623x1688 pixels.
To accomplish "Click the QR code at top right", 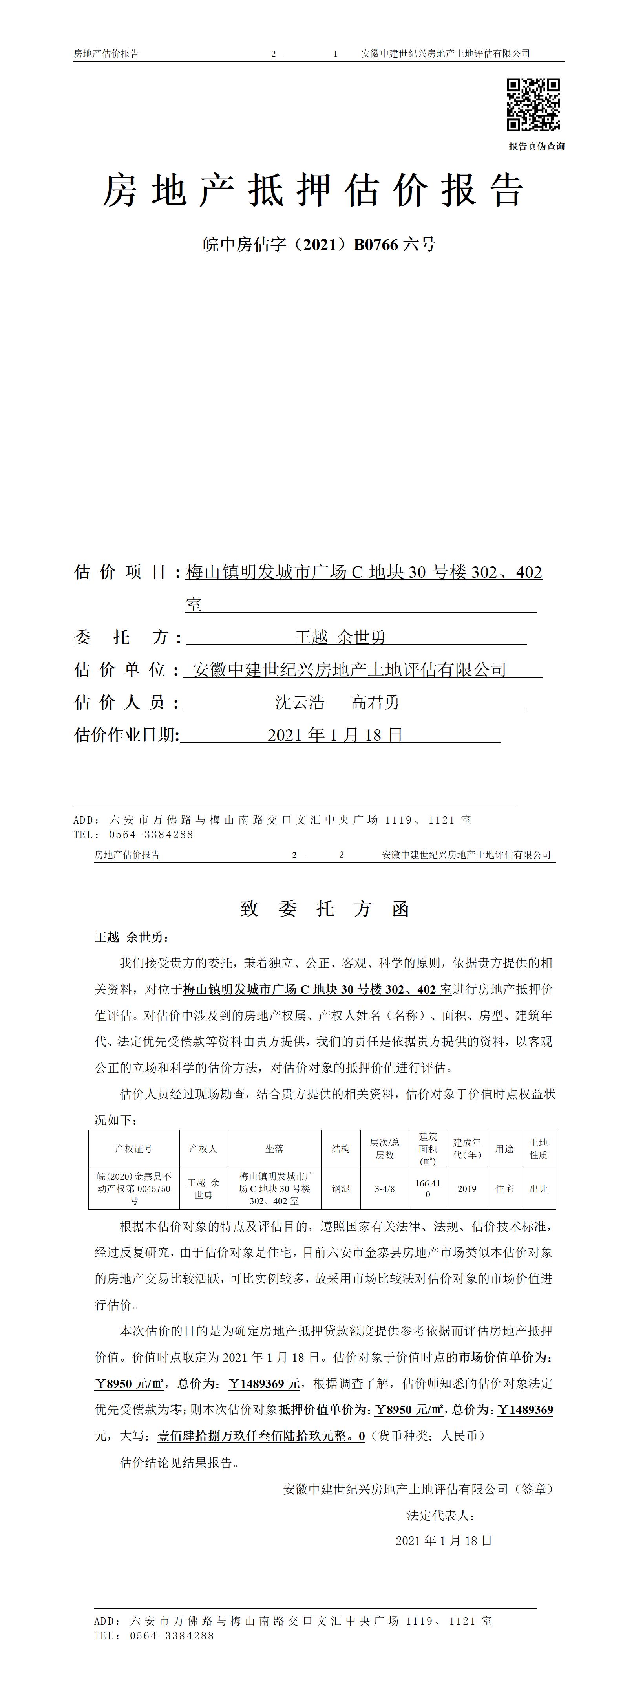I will coord(533,105).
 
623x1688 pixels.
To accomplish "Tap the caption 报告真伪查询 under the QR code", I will coord(536,146).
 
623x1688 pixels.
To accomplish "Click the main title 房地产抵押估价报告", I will coord(313,191).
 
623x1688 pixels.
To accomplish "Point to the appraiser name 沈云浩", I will coord(300,703).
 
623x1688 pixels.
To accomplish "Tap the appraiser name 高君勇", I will coord(375,703).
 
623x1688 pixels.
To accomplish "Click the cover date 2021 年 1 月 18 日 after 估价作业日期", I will coord(335,735).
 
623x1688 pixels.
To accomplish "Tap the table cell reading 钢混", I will coord(341,1188).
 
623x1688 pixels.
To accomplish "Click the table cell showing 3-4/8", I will coord(385,1188).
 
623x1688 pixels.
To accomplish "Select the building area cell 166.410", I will coord(428,1188).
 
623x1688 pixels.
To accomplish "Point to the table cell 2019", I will coord(467,1188).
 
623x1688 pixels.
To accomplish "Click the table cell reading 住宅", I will coord(504,1188).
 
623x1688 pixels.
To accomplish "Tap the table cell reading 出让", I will coord(539,1188).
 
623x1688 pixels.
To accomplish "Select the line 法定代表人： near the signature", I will coord(440,1516).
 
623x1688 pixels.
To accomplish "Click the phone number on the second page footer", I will coord(172,1636).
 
